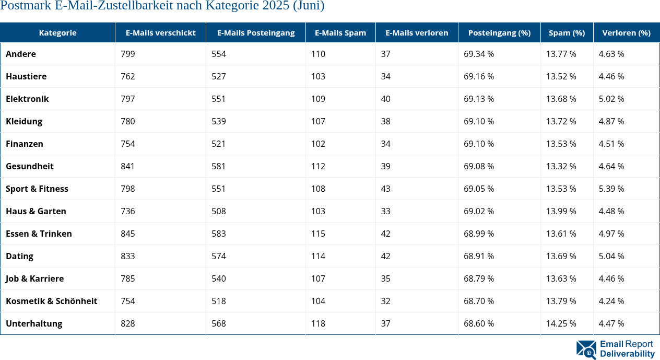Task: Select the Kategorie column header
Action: tap(57, 32)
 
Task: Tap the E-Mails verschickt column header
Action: tap(160, 32)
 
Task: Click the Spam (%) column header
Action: tap(567, 32)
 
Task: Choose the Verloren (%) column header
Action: tap(626, 32)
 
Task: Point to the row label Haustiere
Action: tap(26, 76)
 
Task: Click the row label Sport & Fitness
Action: tap(37, 189)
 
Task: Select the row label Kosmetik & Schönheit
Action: tap(51, 301)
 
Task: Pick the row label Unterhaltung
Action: tap(34, 323)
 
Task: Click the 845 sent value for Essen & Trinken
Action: tap(127, 234)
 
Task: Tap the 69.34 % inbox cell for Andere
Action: tap(479, 54)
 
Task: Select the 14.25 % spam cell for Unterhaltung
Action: tap(561, 323)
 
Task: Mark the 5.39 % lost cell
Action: tap(611, 189)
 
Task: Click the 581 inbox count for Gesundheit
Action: tap(219, 166)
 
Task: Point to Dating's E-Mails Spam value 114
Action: tap(318, 256)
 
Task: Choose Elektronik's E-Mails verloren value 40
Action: tap(385, 99)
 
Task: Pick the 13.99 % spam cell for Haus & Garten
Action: tap(561, 211)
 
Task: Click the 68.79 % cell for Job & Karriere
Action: tap(479, 278)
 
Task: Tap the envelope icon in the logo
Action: tap(586, 350)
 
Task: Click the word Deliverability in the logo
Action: tap(627, 354)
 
